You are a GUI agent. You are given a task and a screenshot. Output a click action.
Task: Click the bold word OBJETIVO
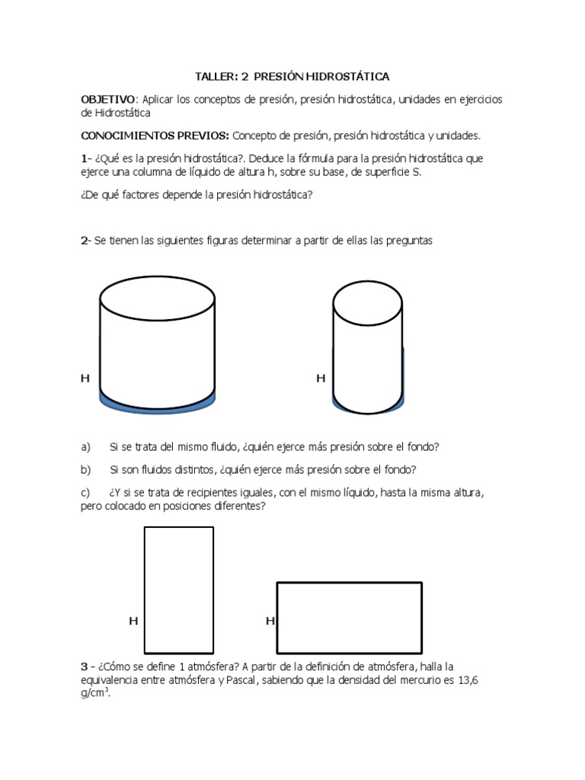[x=108, y=100]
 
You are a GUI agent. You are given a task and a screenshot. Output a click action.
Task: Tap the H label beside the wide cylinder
[x=85, y=378]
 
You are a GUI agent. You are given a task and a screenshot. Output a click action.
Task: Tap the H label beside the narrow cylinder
[x=321, y=378]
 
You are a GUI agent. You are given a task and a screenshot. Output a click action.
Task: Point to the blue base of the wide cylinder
[x=158, y=404]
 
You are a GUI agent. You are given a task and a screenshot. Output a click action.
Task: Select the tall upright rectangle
[x=179, y=590]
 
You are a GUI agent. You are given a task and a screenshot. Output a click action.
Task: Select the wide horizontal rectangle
[x=349, y=618]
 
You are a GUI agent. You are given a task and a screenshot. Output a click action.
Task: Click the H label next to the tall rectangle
[x=133, y=622]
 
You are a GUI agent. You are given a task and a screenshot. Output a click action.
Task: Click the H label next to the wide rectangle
[x=270, y=622]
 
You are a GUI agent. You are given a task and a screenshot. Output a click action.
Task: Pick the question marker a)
[x=85, y=446]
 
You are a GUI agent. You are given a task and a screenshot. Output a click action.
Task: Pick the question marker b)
[x=85, y=469]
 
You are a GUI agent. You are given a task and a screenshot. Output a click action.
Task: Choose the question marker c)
[x=85, y=493]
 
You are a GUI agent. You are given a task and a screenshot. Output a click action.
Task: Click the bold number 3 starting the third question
[x=84, y=667]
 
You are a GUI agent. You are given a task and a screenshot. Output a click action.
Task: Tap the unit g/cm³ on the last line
[x=95, y=694]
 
